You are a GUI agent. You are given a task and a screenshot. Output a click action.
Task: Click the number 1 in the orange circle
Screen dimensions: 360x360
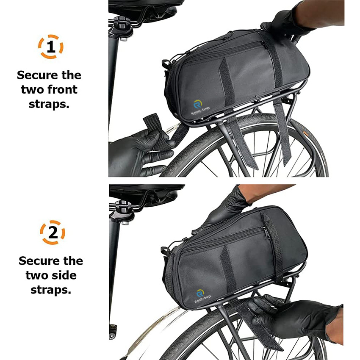(x=51, y=47)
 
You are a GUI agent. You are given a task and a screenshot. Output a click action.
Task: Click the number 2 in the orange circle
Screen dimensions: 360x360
(x=53, y=233)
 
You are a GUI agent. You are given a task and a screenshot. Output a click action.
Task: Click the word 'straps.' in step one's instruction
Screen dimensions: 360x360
(x=49, y=104)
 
